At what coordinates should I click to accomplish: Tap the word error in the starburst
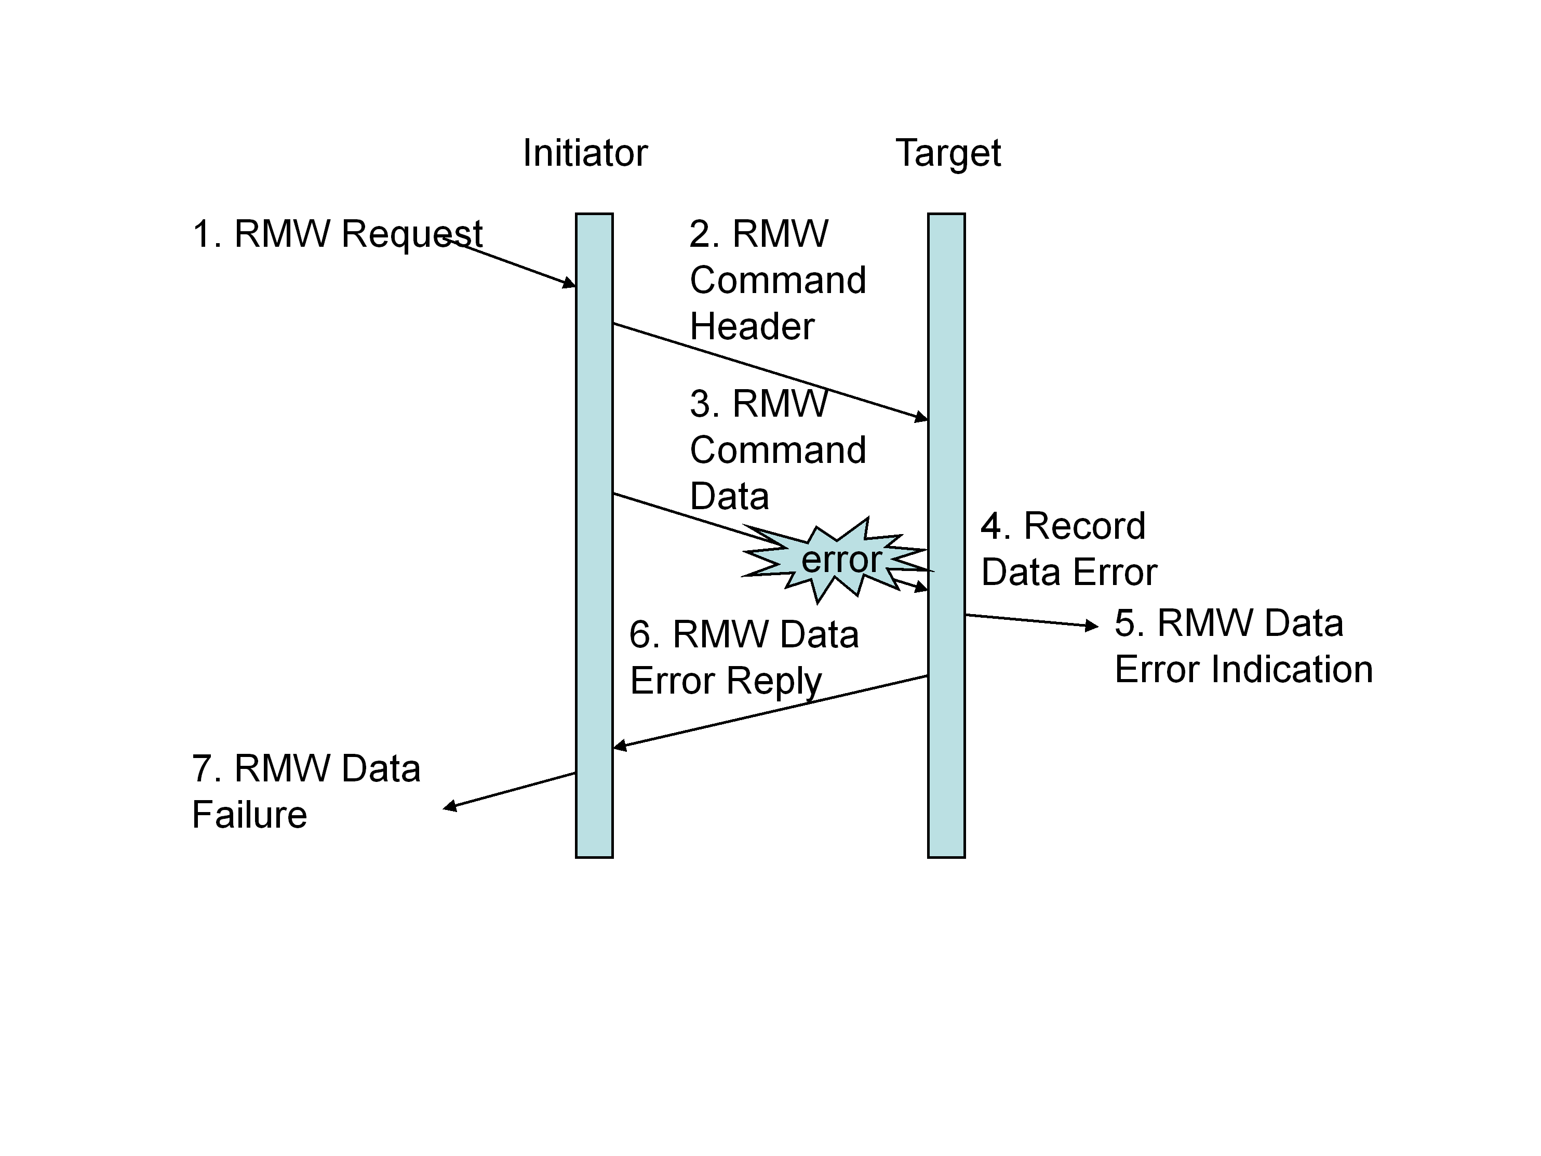point(841,560)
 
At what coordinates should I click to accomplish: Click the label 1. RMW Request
point(337,233)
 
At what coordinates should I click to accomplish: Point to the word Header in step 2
point(752,326)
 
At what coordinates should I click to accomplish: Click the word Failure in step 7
point(249,815)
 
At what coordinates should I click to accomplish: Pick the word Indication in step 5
point(1292,669)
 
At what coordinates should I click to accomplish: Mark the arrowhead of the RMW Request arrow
point(570,283)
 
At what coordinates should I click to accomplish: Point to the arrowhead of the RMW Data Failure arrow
point(450,806)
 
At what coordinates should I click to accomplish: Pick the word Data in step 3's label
point(729,496)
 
